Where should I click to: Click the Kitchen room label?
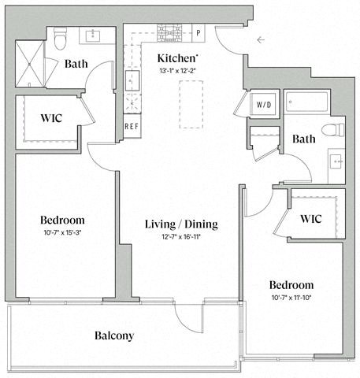(x=176, y=58)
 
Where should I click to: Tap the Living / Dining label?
(x=180, y=224)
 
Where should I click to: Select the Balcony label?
(x=113, y=335)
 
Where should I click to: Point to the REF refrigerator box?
(x=132, y=126)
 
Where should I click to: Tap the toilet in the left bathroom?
(x=61, y=37)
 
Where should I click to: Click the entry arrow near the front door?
(x=261, y=39)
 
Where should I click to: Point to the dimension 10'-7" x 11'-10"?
(x=291, y=297)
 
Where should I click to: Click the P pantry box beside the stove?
(x=199, y=33)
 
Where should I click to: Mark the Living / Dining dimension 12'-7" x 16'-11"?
(x=180, y=237)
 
